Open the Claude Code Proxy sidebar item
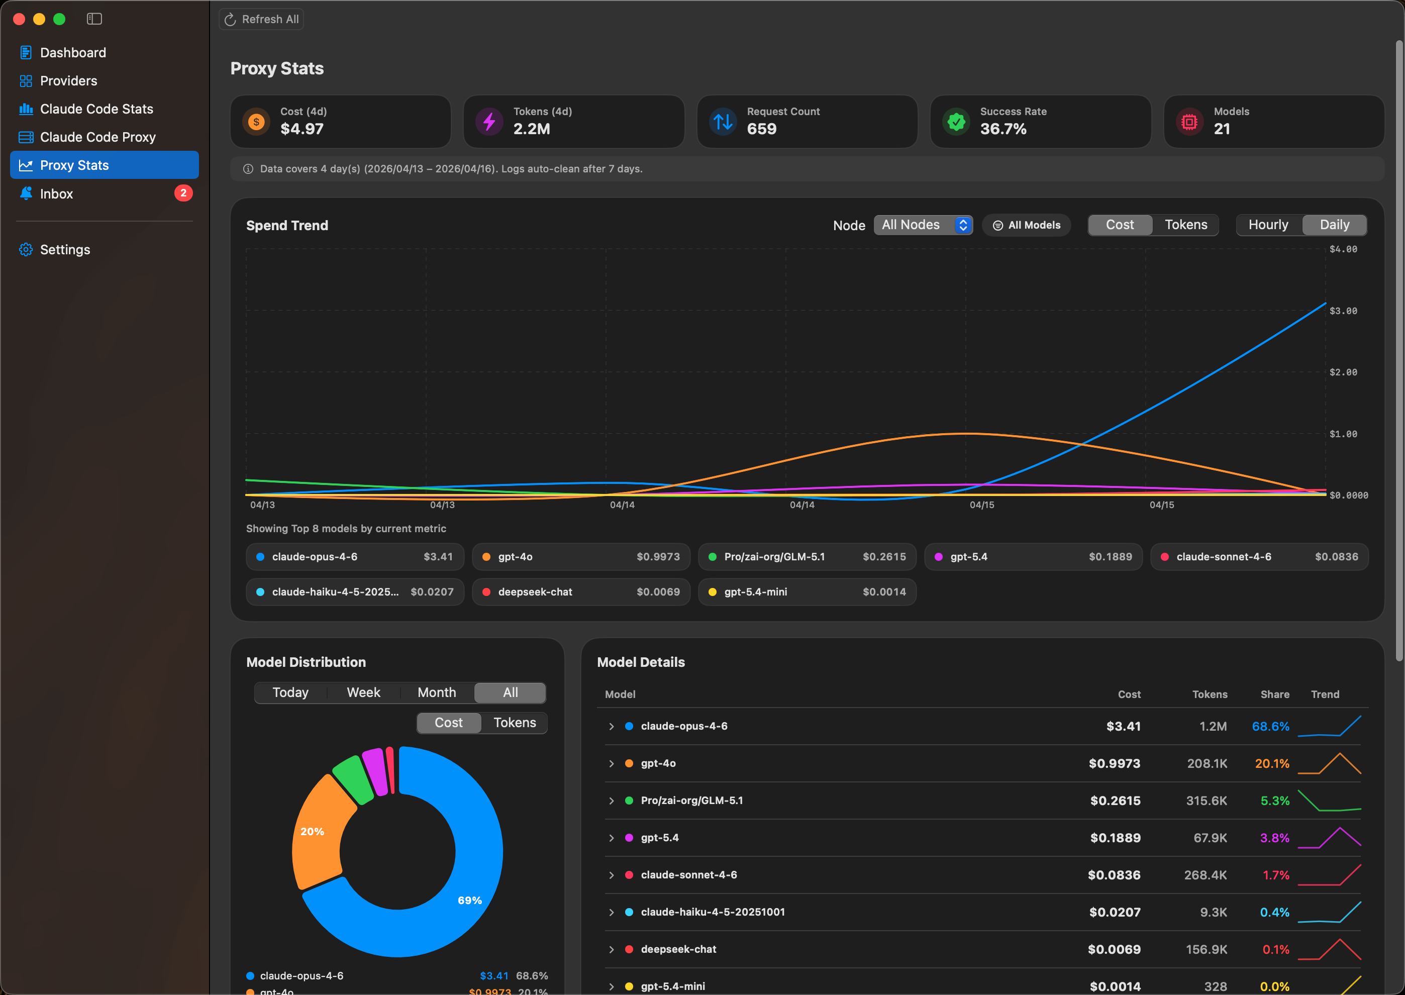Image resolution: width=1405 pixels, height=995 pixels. [97, 137]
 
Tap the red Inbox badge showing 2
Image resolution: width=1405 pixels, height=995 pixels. [183, 193]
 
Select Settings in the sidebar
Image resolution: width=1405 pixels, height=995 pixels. [64, 249]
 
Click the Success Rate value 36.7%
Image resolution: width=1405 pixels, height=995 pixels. [1003, 129]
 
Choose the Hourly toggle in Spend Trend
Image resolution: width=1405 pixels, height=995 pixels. [1268, 225]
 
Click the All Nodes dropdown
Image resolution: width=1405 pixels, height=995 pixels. [923, 225]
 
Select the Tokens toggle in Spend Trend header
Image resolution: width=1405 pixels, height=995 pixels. [1185, 225]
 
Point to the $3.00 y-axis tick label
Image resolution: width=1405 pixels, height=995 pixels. [1343, 311]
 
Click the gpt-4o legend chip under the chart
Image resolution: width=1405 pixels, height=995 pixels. [580, 556]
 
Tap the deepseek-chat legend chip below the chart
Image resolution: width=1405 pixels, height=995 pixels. [580, 592]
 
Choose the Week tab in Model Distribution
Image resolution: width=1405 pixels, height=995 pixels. [363, 692]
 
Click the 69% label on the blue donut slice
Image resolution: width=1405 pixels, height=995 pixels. [469, 900]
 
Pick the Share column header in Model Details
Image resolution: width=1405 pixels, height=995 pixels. [1274, 694]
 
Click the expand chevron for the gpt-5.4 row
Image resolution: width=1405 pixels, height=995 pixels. [611, 838]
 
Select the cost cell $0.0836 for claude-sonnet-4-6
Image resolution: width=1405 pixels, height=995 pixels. [1114, 875]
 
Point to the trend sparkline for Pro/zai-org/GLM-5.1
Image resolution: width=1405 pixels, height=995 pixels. [1329, 801]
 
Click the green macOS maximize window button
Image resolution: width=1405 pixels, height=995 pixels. [59, 19]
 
